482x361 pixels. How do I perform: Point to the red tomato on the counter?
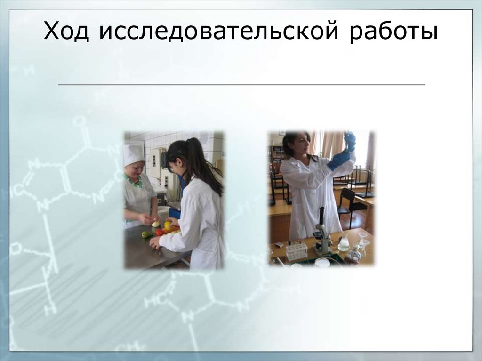[159, 232]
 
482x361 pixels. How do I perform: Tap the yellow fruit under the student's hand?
[168, 225]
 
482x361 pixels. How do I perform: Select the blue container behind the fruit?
[175, 213]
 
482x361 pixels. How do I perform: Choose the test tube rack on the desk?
[296, 251]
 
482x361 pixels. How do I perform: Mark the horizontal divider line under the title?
[241, 85]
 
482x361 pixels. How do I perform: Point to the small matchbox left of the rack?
[279, 245]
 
